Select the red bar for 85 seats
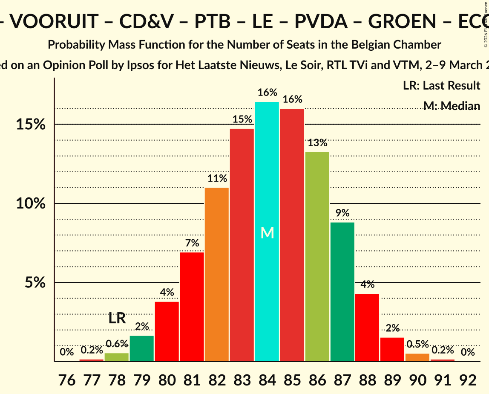point(292,235)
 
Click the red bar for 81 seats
point(192,307)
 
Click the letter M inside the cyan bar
point(267,233)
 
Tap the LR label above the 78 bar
point(117,318)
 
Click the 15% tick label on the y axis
point(31,125)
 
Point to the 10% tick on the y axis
point(31,203)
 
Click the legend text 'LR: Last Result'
point(441,86)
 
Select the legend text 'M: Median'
point(452,106)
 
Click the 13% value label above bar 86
point(317,143)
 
